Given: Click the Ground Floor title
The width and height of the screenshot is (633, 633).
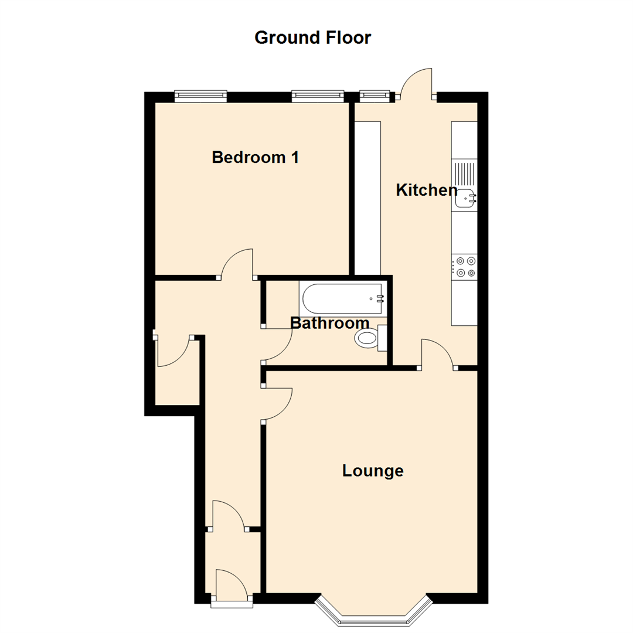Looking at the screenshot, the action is coord(312,38).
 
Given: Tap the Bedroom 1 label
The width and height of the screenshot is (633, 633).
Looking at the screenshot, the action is coord(255,157).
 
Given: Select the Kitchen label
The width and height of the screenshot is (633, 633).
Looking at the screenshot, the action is coord(427,190).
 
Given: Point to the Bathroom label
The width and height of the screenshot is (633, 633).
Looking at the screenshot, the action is coord(329,323).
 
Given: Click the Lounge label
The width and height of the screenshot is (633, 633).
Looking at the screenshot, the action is coord(373,471).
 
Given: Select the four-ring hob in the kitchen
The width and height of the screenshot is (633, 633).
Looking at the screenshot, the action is coord(464,267).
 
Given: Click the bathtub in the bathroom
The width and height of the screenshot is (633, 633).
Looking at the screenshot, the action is coord(342,299).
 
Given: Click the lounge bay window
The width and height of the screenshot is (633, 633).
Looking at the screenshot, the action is coord(373,612).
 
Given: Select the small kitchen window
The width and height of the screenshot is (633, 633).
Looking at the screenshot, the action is coord(375,96).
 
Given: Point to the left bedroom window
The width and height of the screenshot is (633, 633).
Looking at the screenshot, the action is coord(200,96).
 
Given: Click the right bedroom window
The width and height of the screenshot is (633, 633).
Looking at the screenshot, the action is coord(318,96).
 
